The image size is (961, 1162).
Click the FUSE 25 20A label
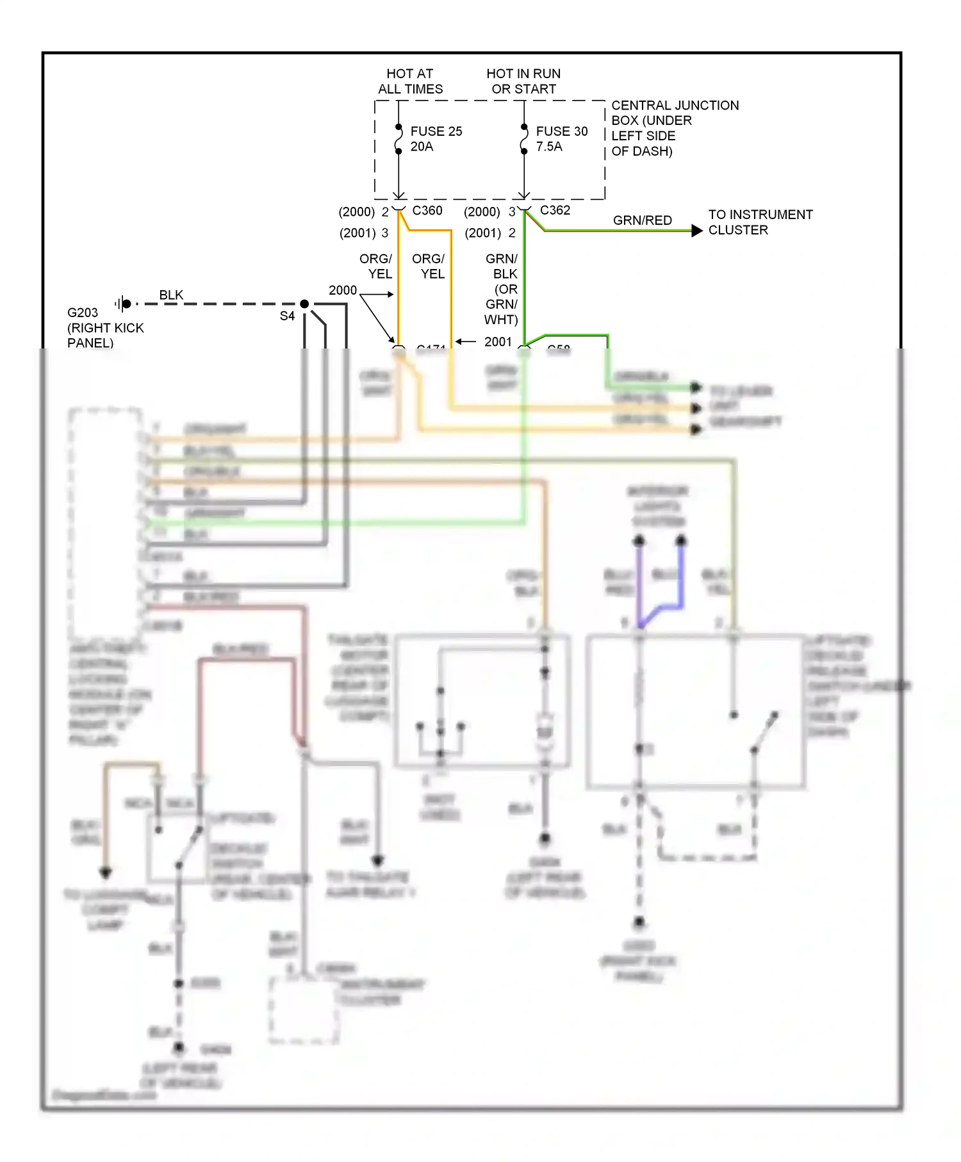click(436, 139)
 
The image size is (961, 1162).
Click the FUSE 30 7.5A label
click(561, 139)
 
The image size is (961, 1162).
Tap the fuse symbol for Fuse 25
click(398, 139)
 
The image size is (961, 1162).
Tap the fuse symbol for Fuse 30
click(524, 139)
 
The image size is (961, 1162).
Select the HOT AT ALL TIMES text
click(410, 81)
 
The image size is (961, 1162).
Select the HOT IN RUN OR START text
click(523, 81)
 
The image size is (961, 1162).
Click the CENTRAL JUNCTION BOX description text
click(674, 128)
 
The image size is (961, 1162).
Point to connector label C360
click(427, 210)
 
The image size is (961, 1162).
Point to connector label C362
click(555, 210)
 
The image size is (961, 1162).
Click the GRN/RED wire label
click(642, 220)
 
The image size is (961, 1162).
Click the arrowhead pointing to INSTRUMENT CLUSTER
click(697, 231)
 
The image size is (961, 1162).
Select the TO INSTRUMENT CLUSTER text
click(760, 222)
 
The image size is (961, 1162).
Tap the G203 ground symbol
click(124, 304)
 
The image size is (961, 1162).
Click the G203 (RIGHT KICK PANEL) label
click(105, 327)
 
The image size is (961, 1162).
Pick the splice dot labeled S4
click(304, 304)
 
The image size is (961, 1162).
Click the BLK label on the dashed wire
click(171, 295)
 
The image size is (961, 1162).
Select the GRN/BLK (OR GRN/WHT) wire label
click(502, 289)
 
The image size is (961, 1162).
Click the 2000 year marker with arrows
click(343, 290)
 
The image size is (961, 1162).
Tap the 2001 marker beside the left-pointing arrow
click(498, 341)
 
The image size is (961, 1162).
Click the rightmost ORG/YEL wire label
click(429, 266)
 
